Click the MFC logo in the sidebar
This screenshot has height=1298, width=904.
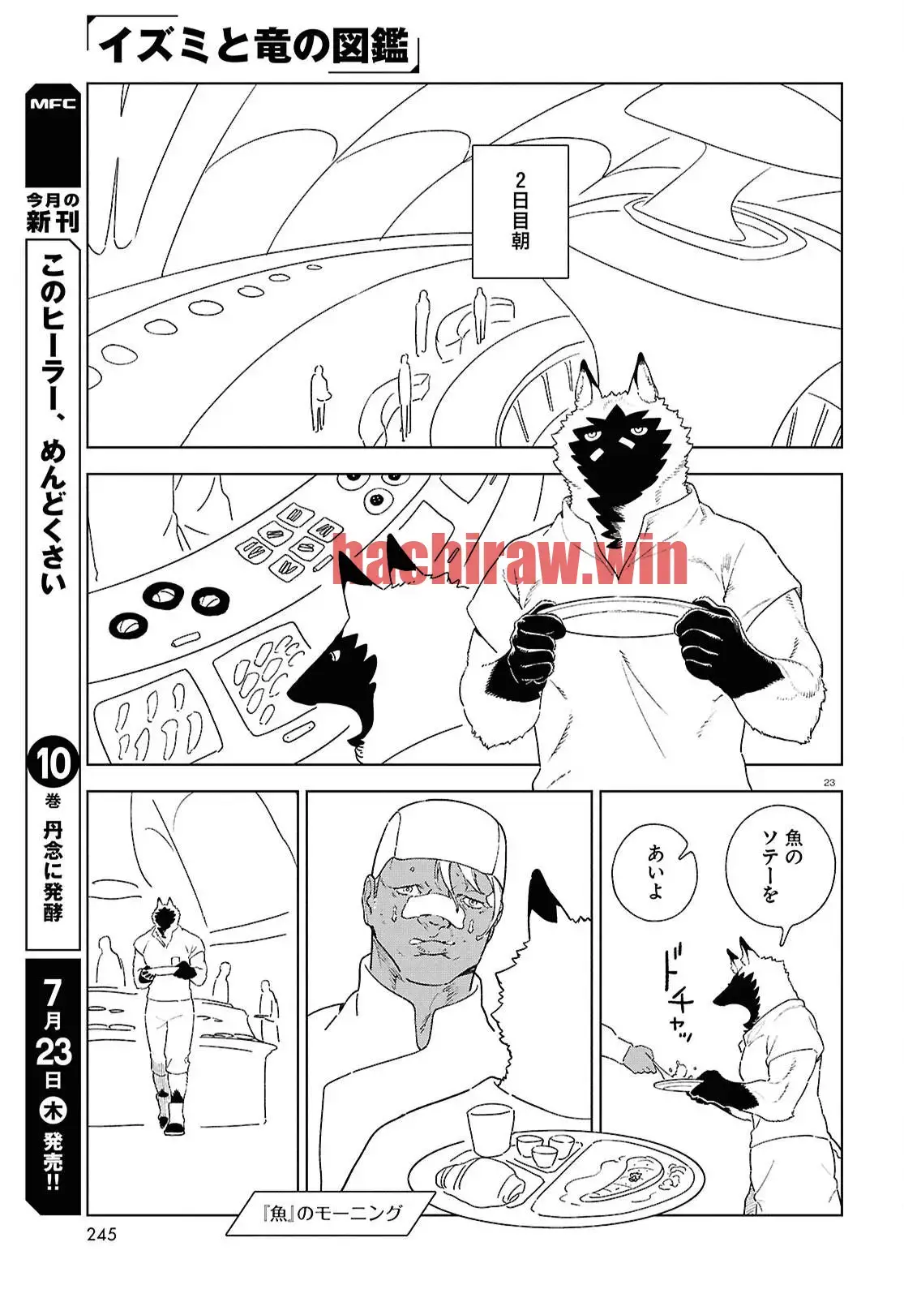coord(53,104)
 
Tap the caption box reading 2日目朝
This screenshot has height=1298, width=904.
coord(520,212)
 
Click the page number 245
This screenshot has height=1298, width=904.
coord(102,1234)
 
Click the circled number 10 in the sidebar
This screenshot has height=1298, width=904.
coord(53,763)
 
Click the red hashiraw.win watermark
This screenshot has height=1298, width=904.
coord(510,558)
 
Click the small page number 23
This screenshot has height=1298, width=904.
coord(829,782)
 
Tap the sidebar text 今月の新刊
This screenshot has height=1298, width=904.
coord(53,213)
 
